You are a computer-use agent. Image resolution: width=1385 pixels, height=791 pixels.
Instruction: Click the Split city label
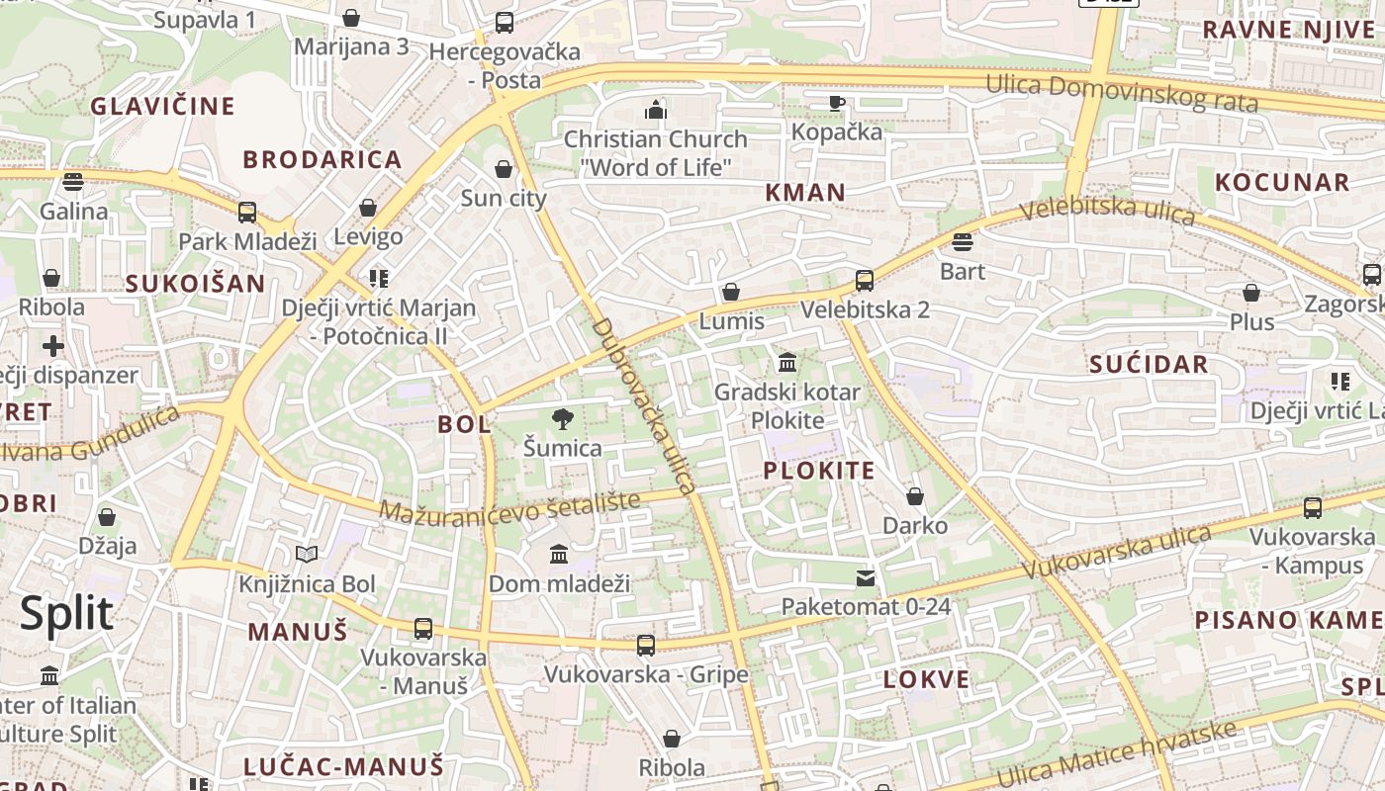click(67, 614)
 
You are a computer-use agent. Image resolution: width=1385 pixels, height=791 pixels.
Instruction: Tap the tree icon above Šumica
click(563, 419)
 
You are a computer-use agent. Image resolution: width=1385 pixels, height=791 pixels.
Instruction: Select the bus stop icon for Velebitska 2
click(865, 281)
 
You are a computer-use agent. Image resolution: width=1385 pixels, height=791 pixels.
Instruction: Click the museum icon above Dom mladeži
click(559, 554)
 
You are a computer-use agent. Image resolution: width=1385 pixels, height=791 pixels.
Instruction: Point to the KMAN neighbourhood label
click(805, 193)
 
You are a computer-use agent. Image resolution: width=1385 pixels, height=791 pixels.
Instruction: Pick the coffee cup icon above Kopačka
click(837, 102)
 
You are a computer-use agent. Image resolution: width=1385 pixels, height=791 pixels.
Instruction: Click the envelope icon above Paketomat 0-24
click(866, 578)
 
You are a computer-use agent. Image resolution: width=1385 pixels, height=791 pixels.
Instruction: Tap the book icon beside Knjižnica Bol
click(307, 555)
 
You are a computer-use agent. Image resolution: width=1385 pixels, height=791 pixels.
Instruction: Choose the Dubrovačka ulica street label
click(644, 405)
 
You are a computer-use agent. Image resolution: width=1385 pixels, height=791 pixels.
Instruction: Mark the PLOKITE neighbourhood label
click(819, 471)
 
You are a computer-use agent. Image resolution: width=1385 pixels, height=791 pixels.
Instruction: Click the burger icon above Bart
click(963, 242)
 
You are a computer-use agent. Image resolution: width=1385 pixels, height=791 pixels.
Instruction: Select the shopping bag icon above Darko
click(915, 496)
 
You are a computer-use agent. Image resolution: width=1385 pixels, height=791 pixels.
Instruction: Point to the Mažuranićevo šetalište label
click(509, 507)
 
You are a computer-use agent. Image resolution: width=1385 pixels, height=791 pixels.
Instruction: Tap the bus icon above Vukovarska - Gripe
click(646, 646)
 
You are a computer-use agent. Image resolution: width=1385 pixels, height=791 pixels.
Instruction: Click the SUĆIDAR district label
click(1149, 364)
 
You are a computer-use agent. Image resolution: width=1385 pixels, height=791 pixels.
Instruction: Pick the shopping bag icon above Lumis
click(731, 292)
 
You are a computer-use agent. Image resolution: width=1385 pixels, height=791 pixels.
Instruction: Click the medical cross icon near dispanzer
click(53, 346)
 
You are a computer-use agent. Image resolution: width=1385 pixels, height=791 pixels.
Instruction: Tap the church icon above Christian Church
click(655, 110)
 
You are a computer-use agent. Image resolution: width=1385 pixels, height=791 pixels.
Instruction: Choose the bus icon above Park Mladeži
click(247, 212)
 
